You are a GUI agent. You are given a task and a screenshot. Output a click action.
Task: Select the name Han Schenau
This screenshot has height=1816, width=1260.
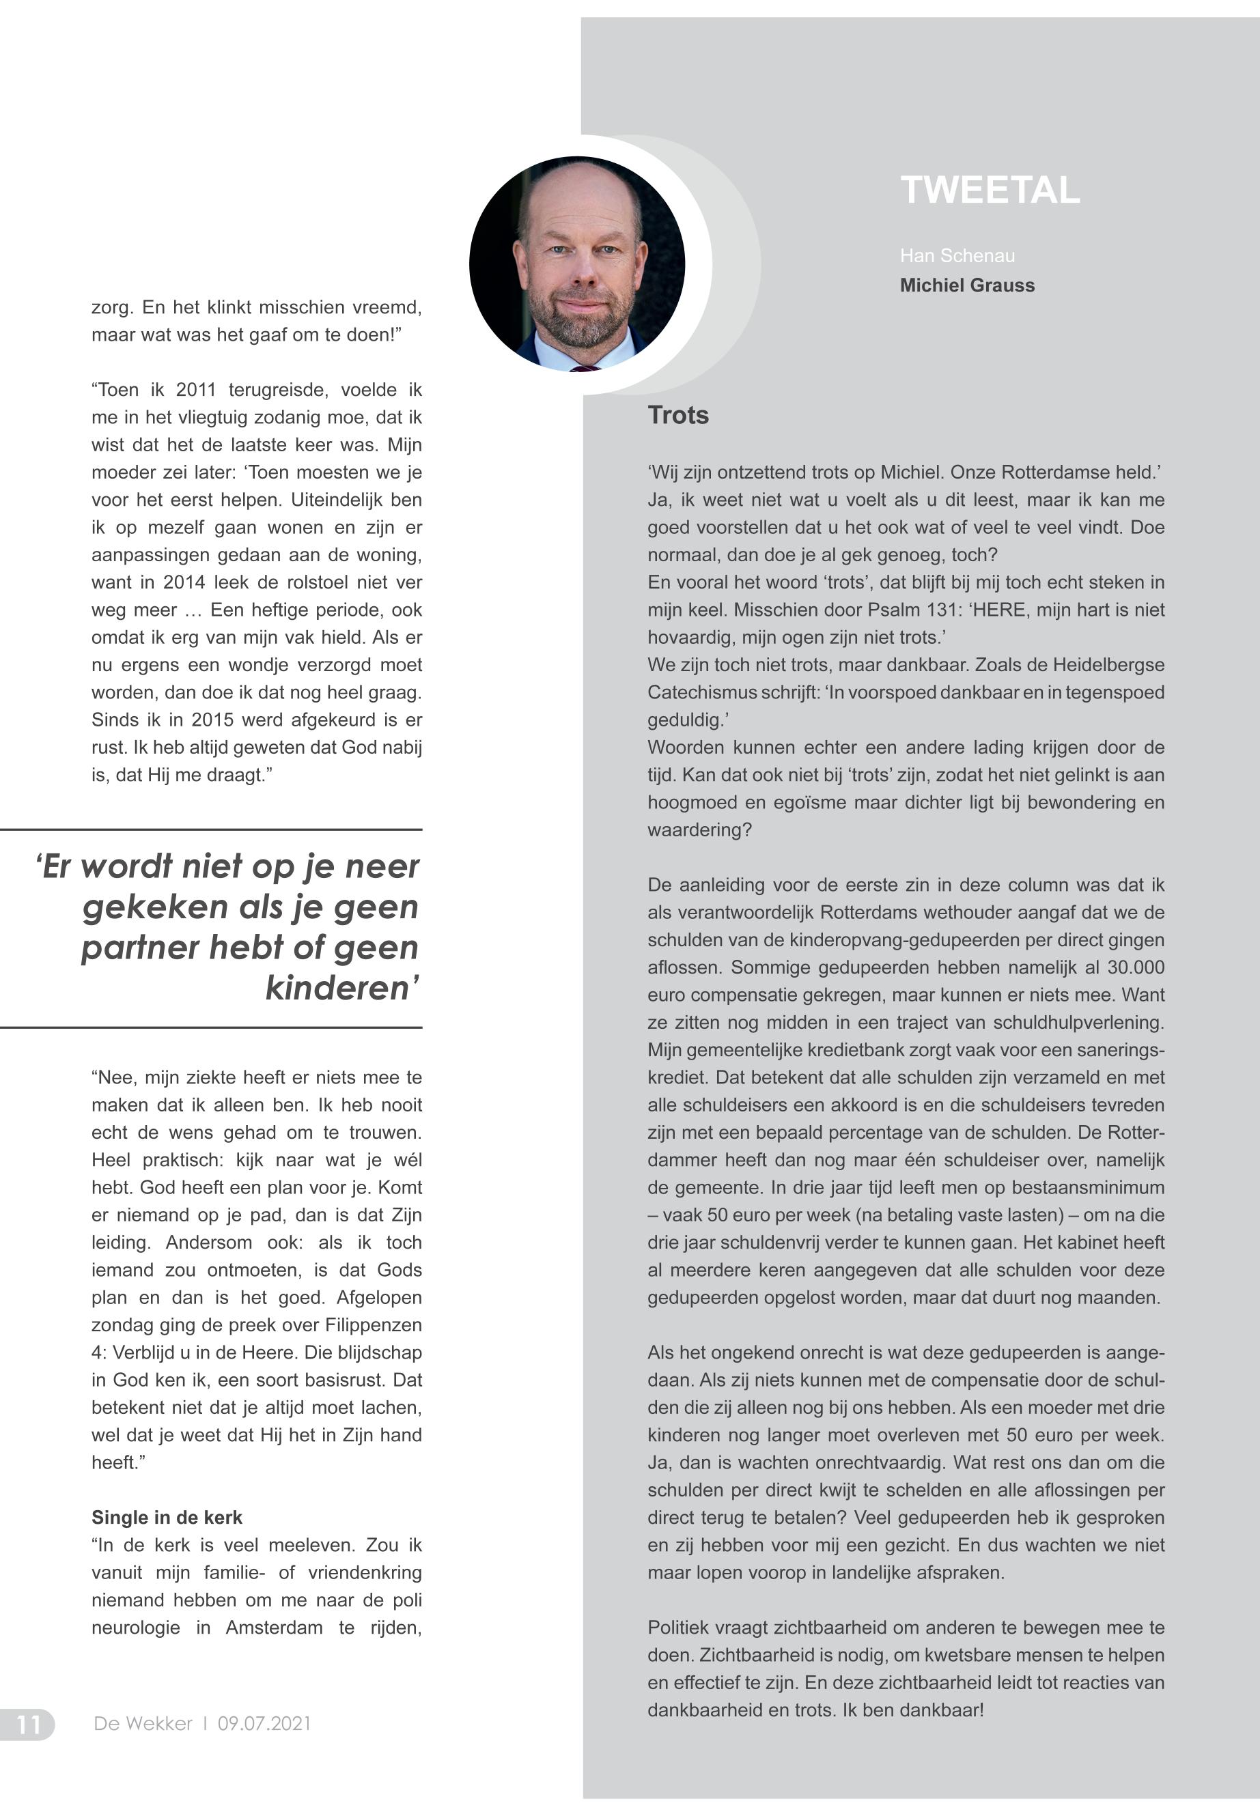(x=957, y=256)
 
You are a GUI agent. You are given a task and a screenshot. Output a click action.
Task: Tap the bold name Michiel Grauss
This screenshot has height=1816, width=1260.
(x=966, y=285)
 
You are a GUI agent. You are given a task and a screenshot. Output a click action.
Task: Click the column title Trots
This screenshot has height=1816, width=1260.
(x=677, y=415)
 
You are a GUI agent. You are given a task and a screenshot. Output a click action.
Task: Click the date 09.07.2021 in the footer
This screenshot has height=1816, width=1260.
(x=264, y=1724)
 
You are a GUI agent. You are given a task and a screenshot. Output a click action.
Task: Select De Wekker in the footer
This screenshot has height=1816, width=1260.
(x=143, y=1724)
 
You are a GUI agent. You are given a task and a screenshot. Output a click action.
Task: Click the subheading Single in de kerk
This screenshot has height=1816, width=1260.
(x=167, y=1518)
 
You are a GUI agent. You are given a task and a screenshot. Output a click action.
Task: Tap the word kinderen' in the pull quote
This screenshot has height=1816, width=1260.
(x=341, y=988)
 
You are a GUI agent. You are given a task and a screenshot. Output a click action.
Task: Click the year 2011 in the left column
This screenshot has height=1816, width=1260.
(x=196, y=390)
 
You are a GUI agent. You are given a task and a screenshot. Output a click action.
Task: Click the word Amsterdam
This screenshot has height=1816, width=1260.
(x=274, y=1628)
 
